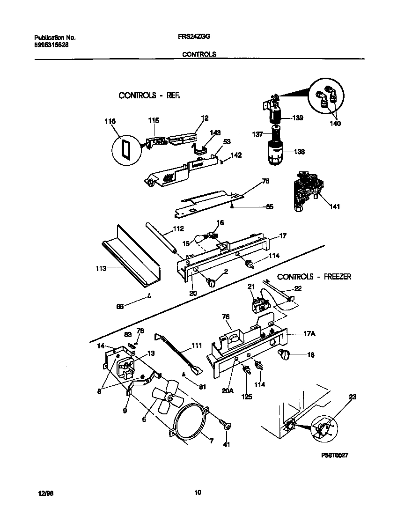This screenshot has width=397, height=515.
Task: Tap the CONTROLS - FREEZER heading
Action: pos(314,277)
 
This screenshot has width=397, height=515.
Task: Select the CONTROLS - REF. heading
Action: pos(149,96)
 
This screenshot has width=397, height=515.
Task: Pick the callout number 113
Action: pos(101,268)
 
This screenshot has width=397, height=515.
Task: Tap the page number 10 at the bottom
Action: pos(198,492)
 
